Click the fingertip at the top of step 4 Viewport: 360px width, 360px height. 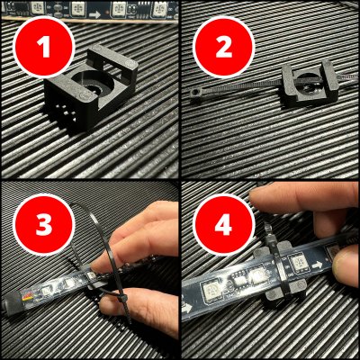(x=270, y=200)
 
